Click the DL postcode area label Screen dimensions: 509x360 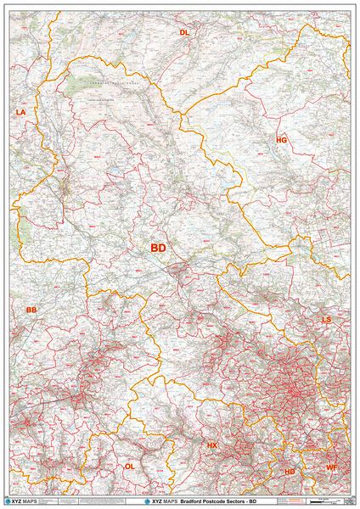point(184,32)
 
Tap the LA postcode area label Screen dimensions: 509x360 point(21,112)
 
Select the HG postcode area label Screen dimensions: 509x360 point(282,139)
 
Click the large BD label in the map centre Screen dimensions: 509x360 point(159,248)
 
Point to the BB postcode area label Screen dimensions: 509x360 point(31,310)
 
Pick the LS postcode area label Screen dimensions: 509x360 point(326,320)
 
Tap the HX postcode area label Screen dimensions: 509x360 point(212,445)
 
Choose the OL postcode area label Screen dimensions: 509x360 point(130,467)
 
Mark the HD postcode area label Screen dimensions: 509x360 point(290,472)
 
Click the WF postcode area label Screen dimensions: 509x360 point(332,467)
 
